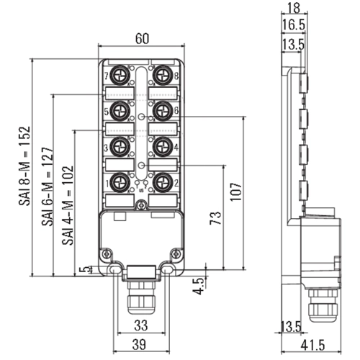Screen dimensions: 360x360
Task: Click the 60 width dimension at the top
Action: point(142,38)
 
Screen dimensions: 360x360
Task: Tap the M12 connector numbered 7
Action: point(120,76)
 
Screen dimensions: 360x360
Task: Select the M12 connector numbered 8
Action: point(163,76)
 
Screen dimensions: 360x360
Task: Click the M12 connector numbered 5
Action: point(120,111)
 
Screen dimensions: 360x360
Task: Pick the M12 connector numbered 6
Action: point(163,111)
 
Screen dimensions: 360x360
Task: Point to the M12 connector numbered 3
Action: point(120,147)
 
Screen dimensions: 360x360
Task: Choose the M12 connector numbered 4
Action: point(163,147)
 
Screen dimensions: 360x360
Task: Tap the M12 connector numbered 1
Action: point(120,183)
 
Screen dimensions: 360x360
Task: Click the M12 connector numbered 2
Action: point(163,183)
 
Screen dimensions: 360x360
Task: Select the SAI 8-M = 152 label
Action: point(24,166)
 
